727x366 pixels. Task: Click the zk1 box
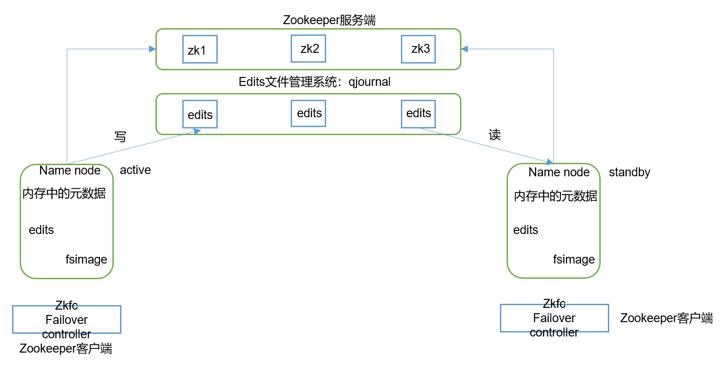click(200, 49)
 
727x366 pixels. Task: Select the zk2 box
click(308, 48)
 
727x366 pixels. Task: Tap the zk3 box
click(418, 49)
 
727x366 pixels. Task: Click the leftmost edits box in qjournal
click(200, 114)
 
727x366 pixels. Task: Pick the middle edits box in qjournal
click(308, 113)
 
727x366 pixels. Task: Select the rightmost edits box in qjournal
click(418, 114)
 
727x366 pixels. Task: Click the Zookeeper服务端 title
click(329, 20)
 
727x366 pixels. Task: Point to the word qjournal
click(370, 82)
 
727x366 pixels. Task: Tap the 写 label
click(120, 136)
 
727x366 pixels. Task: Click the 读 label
click(495, 135)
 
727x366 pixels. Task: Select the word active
click(135, 170)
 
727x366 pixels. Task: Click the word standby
click(629, 172)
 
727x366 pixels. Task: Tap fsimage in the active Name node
click(86, 260)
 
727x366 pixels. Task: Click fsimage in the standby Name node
click(574, 260)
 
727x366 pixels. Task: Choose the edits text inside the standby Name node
click(525, 230)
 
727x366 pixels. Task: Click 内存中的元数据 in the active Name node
click(64, 193)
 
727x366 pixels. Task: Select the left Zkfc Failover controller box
click(67, 319)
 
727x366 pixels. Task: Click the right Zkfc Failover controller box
click(554, 318)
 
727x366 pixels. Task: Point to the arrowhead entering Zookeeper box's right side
click(465, 49)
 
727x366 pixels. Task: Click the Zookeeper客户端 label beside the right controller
click(666, 318)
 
